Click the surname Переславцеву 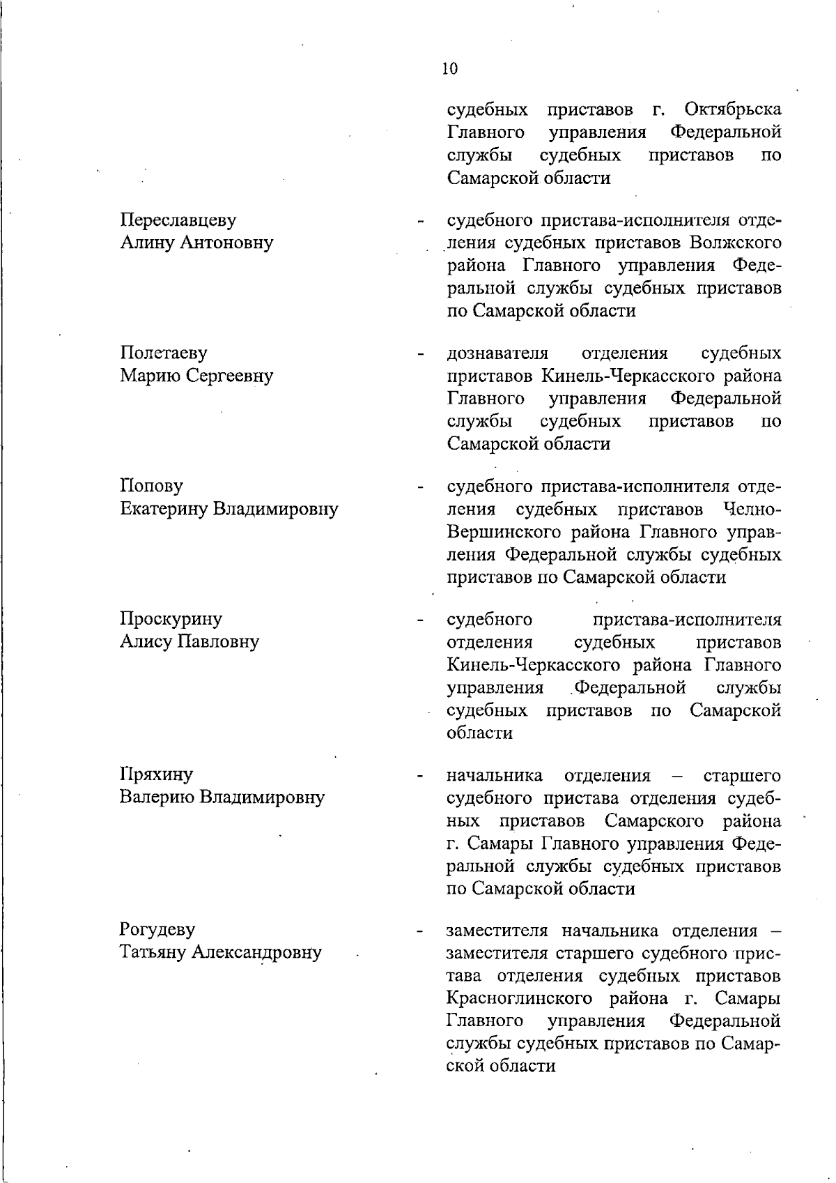point(178,220)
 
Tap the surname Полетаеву point(164,353)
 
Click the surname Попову point(151,487)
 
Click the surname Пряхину point(157,774)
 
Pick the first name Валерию point(157,797)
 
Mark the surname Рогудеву point(157,930)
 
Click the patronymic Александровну point(258,952)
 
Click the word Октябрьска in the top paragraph point(733,110)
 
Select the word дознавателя point(497,353)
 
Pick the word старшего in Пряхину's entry point(743,775)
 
